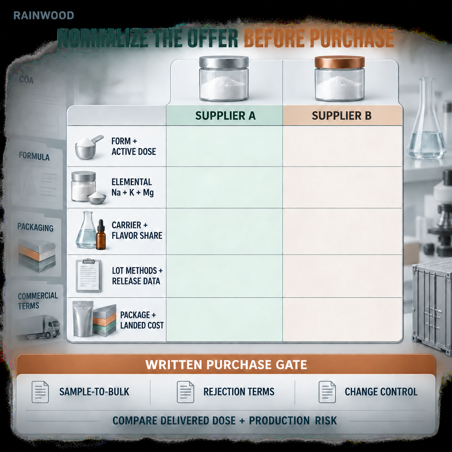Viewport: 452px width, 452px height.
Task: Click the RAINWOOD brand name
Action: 44,15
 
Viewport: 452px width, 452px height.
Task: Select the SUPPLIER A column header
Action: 225,116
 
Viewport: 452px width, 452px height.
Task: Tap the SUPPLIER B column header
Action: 341,116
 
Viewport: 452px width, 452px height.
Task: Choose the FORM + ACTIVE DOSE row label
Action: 133,146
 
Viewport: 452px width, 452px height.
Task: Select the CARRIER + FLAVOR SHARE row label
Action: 137,230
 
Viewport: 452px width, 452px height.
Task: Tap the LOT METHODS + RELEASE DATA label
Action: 137,276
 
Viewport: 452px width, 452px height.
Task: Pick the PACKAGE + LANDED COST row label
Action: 142,320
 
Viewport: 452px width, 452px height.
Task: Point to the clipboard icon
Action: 88,275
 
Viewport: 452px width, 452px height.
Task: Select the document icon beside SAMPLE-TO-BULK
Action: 40,392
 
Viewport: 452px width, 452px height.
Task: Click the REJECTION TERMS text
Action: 239,392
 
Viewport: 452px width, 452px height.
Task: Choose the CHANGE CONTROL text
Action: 381,392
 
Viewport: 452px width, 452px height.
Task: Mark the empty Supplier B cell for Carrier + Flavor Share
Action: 342,231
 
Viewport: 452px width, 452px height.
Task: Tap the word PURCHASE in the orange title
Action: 352,38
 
